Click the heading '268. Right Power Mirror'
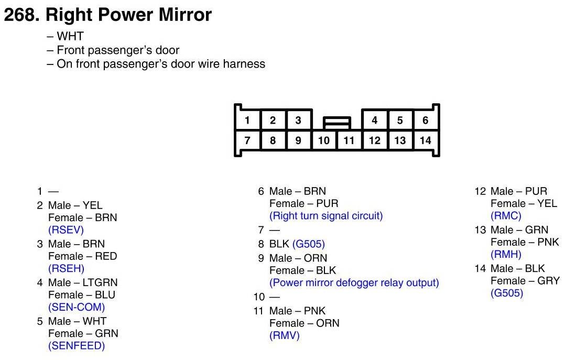pyautogui.click(x=107, y=15)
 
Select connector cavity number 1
pyautogui.click(x=247, y=121)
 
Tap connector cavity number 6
pyautogui.click(x=426, y=121)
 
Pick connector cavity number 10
pyautogui.click(x=324, y=140)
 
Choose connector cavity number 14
pyautogui.click(x=426, y=140)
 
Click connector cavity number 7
pyautogui.click(x=247, y=140)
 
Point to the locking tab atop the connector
pyautogui.click(x=336, y=123)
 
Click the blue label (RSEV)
pyautogui.click(x=66, y=230)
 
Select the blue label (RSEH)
pyautogui.click(x=66, y=268)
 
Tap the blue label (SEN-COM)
pyautogui.click(x=77, y=307)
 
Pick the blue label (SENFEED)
pyautogui.click(x=77, y=346)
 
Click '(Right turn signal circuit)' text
pyautogui.click(x=326, y=216)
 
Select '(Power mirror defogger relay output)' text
pyautogui.click(x=354, y=283)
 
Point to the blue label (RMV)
pyautogui.click(x=285, y=336)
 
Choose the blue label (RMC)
pyautogui.click(x=506, y=216)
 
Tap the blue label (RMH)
pyautogui.click(x=506, y=255)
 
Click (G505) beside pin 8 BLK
pyautogui.click(x=309, y=244)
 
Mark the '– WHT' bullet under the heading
pyautogui.click(x=66, y=37)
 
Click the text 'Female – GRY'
pyautogui.click(x=525, y=281)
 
